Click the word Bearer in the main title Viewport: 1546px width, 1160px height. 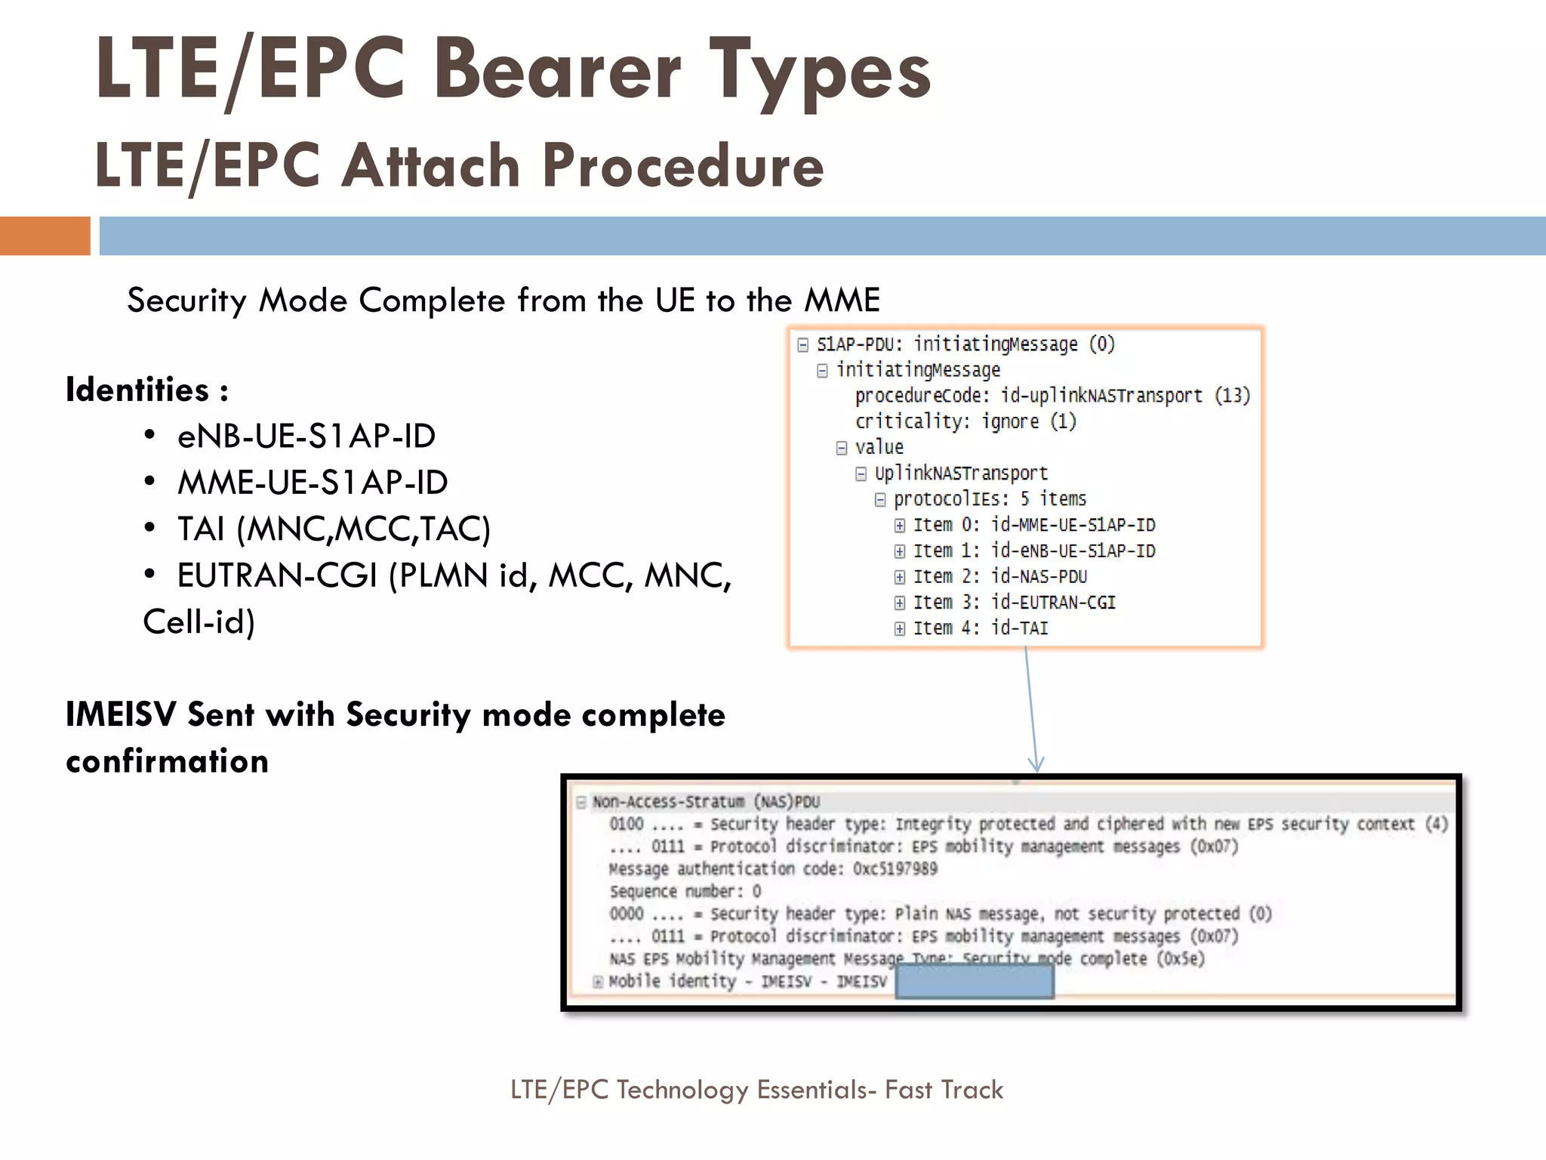557,69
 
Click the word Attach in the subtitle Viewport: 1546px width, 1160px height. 430,165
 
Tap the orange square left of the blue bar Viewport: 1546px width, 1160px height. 45,236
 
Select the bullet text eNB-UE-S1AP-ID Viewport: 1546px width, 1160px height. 306,437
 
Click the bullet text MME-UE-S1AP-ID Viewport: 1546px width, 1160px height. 312,483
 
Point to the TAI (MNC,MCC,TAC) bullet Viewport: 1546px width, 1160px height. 333,529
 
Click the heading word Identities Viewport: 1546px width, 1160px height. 137,390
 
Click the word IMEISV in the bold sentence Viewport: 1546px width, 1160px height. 121,714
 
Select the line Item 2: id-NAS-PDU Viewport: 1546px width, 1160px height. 999,577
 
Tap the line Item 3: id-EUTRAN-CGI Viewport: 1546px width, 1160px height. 1014,603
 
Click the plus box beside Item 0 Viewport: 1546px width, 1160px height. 900,526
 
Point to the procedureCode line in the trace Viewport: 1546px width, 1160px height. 1052,396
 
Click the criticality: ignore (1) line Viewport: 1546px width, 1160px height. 965,421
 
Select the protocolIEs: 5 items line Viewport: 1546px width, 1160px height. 989,499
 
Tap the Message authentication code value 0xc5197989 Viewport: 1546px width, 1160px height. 895,869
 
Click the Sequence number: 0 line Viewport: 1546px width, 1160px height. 685,892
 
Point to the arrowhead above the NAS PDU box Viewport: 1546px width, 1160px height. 1036,764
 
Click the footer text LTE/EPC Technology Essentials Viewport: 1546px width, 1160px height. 756,1090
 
